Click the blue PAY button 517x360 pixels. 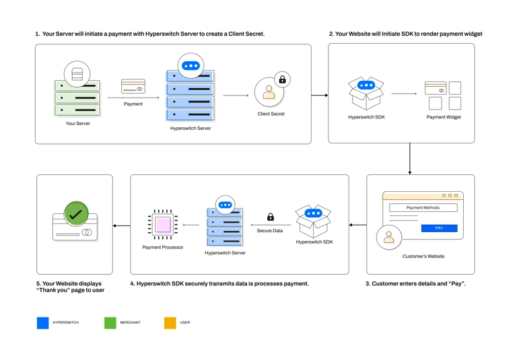pyautogui.click(x=439, y=228)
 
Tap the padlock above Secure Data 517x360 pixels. pyautogui.click(x=271, y=217)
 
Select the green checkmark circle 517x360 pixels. pyautogui.click(x=76, y=214)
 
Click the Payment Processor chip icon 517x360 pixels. pyautogui.click(x=162, y=225)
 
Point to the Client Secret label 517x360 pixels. pyautogui.click(x=271, y=114)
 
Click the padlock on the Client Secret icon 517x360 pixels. pyautogui.click(x=282, y=79)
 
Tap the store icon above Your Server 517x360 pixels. pyautogui.click(x=77, y=74)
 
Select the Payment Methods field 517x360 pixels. pyautogui.click(x=423, y=208)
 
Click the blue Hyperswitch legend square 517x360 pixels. pyautogui.click(x=43, y=323)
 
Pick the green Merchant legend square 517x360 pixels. pyautogui.click(x=110, y=323)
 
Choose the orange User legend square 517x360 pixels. pyautogui.click(x=170, y=323)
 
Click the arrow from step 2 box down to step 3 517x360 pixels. pyautogui.click(x=410, y=159)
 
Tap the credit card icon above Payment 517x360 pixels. pyautogui.click(x=133, y=86)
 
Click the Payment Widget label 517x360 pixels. pyautogui.click(x=444, y=117)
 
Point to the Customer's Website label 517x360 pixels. pyautogui.click(x=423, y=256)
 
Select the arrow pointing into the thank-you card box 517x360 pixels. pyautogui.click(x=122, y=226)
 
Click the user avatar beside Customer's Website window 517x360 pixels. pyautogui.click(x=389, y=238)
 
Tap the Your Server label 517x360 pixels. pyautogui.click(x=78, y=123)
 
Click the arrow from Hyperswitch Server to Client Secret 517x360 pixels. pyautogui.click(x=236, y=96)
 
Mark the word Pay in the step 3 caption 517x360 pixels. pyautogui.click(x=456, y=283)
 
